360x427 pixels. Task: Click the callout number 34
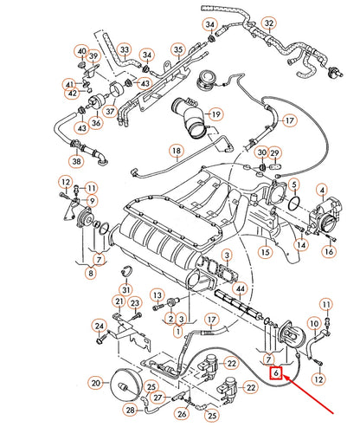209,23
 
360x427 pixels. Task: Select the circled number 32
270,23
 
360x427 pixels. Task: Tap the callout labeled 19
215,113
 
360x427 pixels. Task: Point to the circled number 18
176,153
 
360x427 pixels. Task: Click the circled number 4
322,190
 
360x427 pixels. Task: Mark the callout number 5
294,184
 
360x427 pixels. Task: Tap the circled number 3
227,256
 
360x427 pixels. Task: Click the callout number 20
96,382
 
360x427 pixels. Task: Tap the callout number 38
77,161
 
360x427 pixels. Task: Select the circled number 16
329,251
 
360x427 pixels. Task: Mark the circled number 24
100,326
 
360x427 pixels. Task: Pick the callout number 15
266,252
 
